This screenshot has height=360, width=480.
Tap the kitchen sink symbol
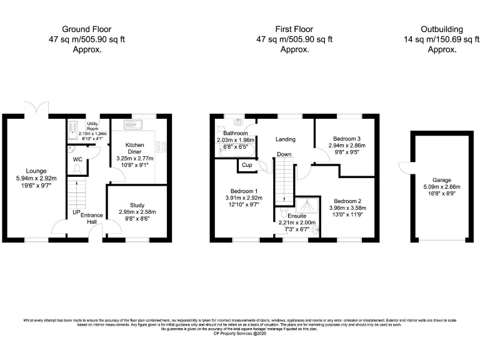tap(132, 123)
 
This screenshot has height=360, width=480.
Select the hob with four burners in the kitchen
tap(161, 146)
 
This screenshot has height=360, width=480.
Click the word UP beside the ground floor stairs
tap(76, 212)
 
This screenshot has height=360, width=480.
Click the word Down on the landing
tap(284, 154)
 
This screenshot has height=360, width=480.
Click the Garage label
tap(441, 178)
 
